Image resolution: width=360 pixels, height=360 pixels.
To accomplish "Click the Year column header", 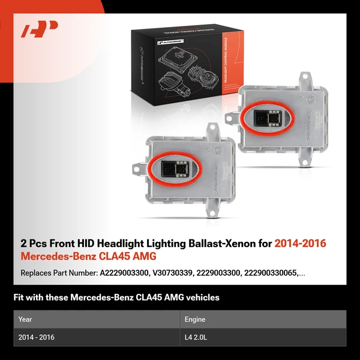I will click(x=25, y=319).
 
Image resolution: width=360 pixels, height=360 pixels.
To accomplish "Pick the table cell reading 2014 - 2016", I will click(x=37, y=337).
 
